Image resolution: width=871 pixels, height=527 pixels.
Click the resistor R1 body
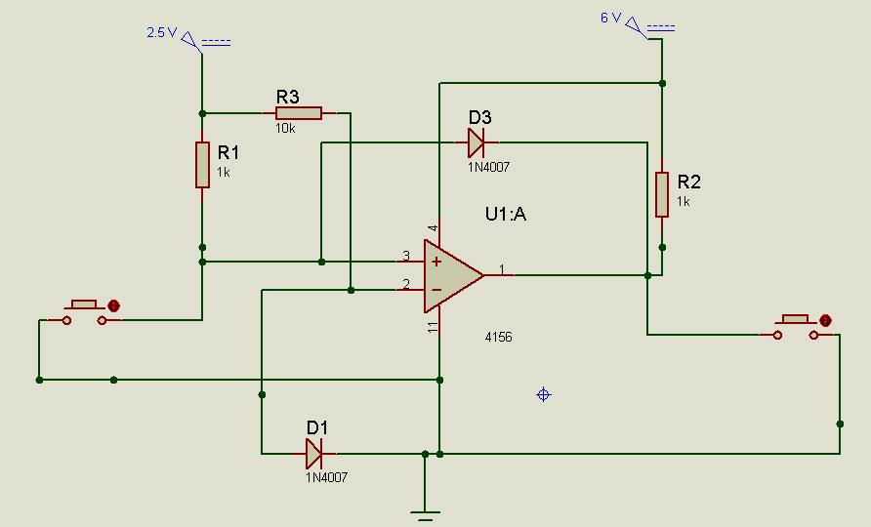[202, 164]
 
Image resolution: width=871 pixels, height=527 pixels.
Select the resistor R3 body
[298, 114]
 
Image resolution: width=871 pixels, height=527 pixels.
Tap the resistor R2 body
[661, 193]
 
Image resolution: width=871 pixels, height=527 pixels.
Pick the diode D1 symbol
[313, 453]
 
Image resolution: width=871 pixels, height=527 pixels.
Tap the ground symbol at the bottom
[425, 514]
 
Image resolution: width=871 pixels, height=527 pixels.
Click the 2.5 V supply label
[161, 32]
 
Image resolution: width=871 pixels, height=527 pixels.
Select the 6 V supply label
[609, 18]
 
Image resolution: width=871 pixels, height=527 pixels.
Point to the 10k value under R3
[284, 128]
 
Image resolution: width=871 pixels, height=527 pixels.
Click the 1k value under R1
[224, 172]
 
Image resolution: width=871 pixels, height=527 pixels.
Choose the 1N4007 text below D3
[488, 167]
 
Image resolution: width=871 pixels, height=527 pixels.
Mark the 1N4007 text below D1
[326, 477]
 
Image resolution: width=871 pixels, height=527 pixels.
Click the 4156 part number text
[498, 337]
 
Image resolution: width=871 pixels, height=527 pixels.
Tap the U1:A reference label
[506, 214]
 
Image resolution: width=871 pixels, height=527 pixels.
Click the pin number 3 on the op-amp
[406, 257]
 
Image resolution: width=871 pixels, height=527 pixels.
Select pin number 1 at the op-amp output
[501, 268]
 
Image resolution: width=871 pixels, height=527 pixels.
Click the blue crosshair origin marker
[544, 394]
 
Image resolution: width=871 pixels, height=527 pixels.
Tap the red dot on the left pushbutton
[113, 305]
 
